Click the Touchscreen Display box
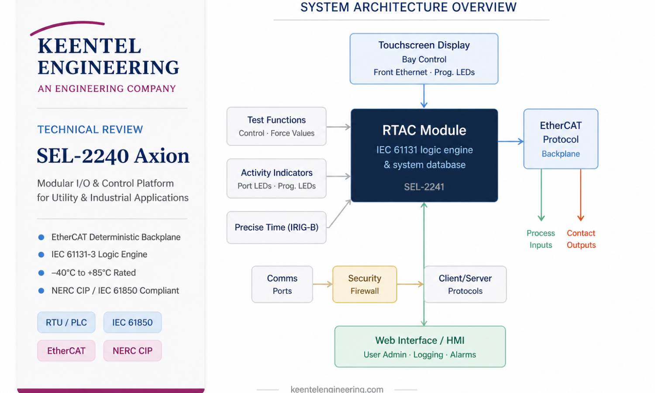pos(424,59)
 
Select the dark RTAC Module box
pos(424,155)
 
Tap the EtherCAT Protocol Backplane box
pos(561,139)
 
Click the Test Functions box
pos(276,126)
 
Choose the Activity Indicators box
pos(276,179)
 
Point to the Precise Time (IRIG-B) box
pos(276,228)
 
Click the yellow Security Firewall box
pos(365,284)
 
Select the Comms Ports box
pos(282,284)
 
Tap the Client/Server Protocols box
pos(465,284)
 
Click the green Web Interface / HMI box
pos(420,347)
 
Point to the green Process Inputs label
pos(541,239)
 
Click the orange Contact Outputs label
pos(581,239)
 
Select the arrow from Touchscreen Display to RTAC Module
pos(424,96)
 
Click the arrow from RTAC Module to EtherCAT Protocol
pos(511,141)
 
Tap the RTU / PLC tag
pos(66,322)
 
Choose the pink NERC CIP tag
pos(132,351)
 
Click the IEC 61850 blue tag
pos(132,322)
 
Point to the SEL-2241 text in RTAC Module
pos(424,187)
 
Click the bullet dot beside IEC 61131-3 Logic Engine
pos(41,255)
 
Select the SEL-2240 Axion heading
pos(113,155)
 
